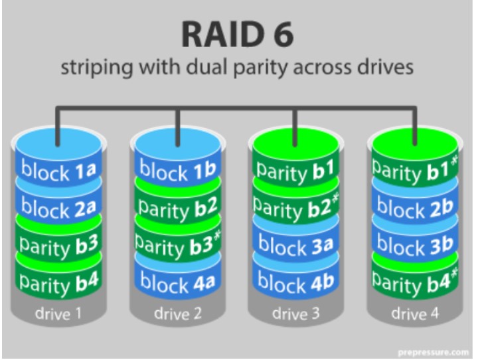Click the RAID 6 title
[237, 34]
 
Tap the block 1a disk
[58, 171]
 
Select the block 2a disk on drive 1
[58, 208]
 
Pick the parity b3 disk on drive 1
[58, 246]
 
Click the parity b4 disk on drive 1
[58, 282]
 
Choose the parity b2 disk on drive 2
[178, 208]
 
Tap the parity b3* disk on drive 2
[178, 245]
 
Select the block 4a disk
[178, 283]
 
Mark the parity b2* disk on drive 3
[295, 208]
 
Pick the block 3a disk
[295, 245]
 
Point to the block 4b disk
[295, 282]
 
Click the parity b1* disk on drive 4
[415, 170]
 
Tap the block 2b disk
[415, 208]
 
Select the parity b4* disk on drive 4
[415, 283]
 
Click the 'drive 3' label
[295, 314]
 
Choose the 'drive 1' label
[58, 314]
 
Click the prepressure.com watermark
[434, 352]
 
